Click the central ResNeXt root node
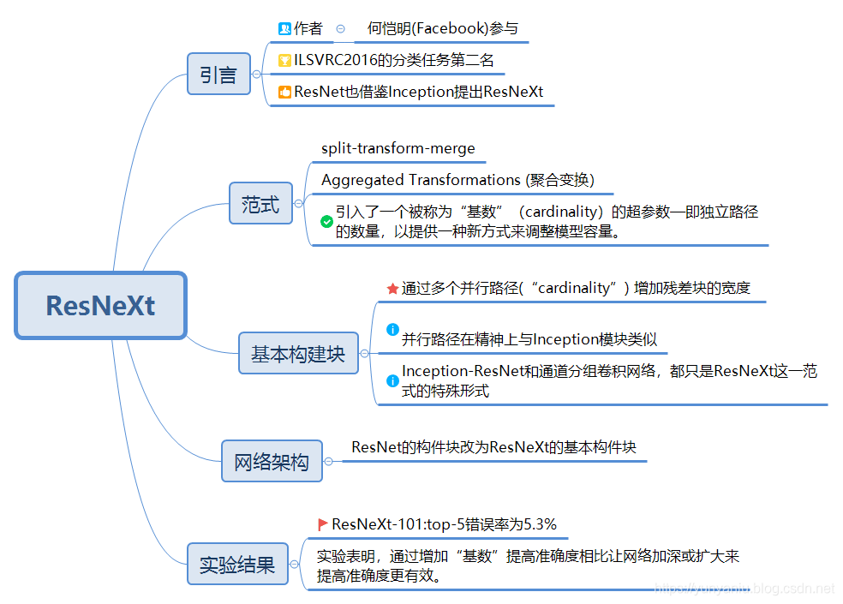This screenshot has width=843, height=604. click(100, 305)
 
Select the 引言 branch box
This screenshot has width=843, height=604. click(218, 75)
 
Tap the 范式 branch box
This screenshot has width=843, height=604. click(260, 203)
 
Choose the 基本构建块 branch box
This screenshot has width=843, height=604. click(297, 353)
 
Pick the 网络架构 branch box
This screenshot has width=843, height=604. click(271, 462)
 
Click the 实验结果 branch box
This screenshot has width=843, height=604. click(237, 564)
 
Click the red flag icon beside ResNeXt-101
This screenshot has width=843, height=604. click(323, 524)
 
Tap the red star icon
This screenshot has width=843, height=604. click(392, 289)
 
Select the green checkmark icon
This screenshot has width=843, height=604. click(326, 221)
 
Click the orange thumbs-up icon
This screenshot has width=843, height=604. click(285, 92)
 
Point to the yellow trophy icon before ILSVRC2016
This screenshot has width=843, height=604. click(285, 61)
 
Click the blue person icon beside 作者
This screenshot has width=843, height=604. click(285, 28)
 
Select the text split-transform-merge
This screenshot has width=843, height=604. click(398, 148)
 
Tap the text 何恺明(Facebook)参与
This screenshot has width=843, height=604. click(442, 28)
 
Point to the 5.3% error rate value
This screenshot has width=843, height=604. click(540, 524)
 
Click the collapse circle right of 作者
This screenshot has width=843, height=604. click(341, 28)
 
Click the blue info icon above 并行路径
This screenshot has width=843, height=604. click(392, 329)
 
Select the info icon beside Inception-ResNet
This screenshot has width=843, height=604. click(392, 379)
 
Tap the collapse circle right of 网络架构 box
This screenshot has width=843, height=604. click(328, 462)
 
